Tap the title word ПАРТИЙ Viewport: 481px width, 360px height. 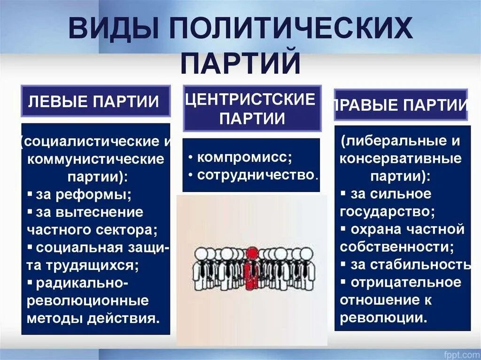pos(240,64)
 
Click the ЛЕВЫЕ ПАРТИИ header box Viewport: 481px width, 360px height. pos(95,101)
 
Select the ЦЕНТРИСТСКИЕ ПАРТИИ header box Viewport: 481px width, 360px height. pos(252,108)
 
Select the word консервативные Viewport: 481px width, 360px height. pos(401,158)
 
